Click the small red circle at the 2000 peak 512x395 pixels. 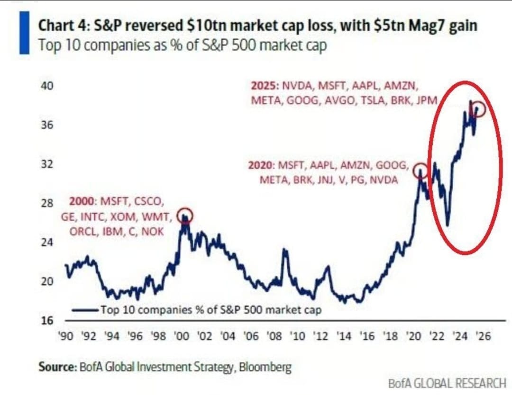pos(185,216)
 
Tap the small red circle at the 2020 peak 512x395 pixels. pos(420,171)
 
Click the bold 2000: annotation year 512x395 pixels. pos(82,201)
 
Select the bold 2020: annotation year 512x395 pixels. pos(261,166)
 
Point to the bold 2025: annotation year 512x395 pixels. pos(264,87)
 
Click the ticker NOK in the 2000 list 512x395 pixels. pos(155,232)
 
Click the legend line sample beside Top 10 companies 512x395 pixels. pos(86,310)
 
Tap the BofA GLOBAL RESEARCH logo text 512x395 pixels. pos(447,383)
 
